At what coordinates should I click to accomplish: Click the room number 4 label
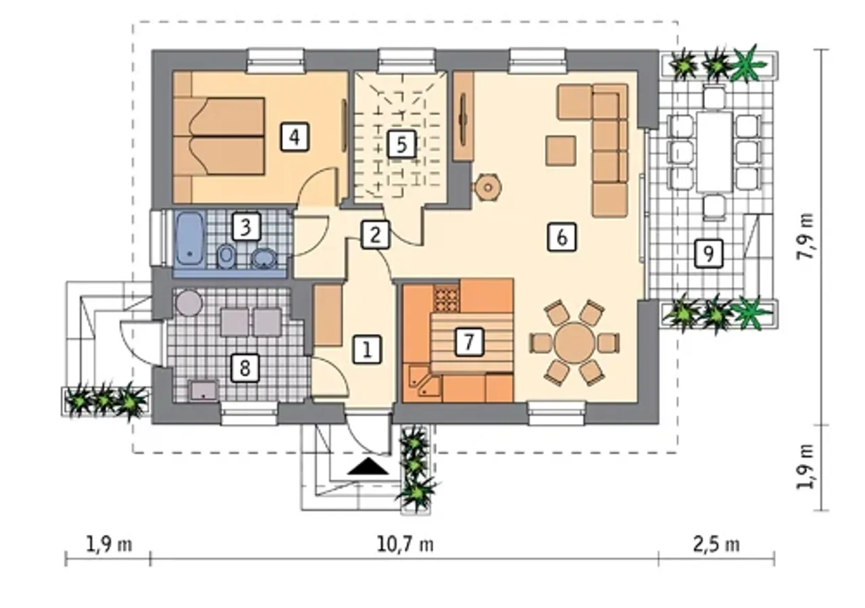(295, 137)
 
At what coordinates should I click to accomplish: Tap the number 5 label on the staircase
(402, 145)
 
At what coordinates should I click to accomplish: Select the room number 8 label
(245, 368)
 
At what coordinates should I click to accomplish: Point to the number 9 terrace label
(708, 254)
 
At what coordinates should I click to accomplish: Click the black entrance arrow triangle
(368, 466)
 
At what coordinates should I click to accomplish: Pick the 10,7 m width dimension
(405, 545)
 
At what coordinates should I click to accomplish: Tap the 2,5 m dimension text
(716, 545)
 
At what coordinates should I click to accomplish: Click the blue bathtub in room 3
(190, 239)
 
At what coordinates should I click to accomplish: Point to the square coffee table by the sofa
(561, 151)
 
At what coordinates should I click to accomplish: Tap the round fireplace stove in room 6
(488, 187)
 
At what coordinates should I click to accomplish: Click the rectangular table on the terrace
(715, 151)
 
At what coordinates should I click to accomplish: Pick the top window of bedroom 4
(275, 61)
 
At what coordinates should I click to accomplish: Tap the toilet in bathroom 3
(225, 256)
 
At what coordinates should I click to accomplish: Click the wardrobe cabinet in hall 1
(328, 315)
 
